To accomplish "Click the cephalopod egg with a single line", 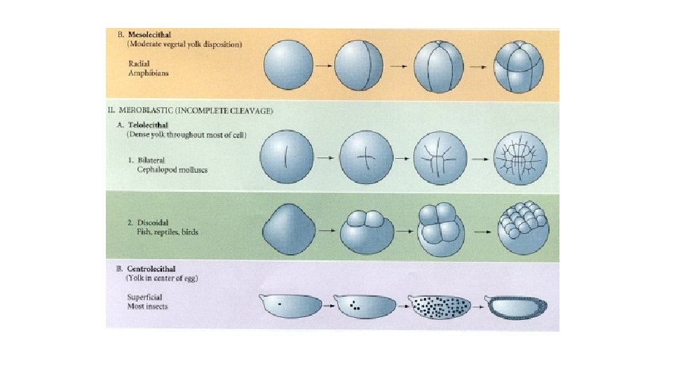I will tap(287, 160).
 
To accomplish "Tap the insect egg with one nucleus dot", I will tap(291, 305).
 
